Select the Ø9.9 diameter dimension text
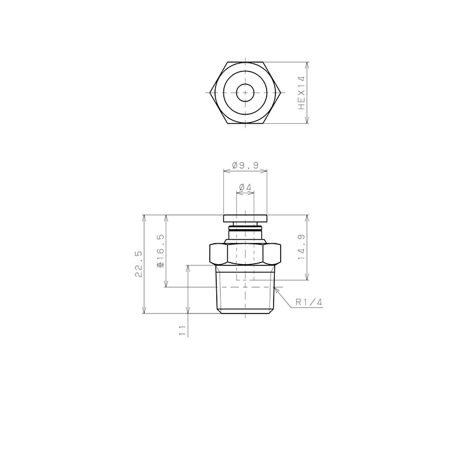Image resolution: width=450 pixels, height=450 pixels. [x=246, y=166]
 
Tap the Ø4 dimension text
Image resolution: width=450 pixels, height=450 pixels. [x=245, y=187]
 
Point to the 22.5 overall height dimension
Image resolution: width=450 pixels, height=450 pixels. [x=138, y=265]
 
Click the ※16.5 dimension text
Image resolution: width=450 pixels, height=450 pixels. [x=160, y=251]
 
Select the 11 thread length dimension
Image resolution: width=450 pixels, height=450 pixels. [x=182, y=330]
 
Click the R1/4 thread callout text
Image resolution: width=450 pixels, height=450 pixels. [x=309, y=302]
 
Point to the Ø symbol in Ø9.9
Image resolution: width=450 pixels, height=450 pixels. [x=235, y=166]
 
